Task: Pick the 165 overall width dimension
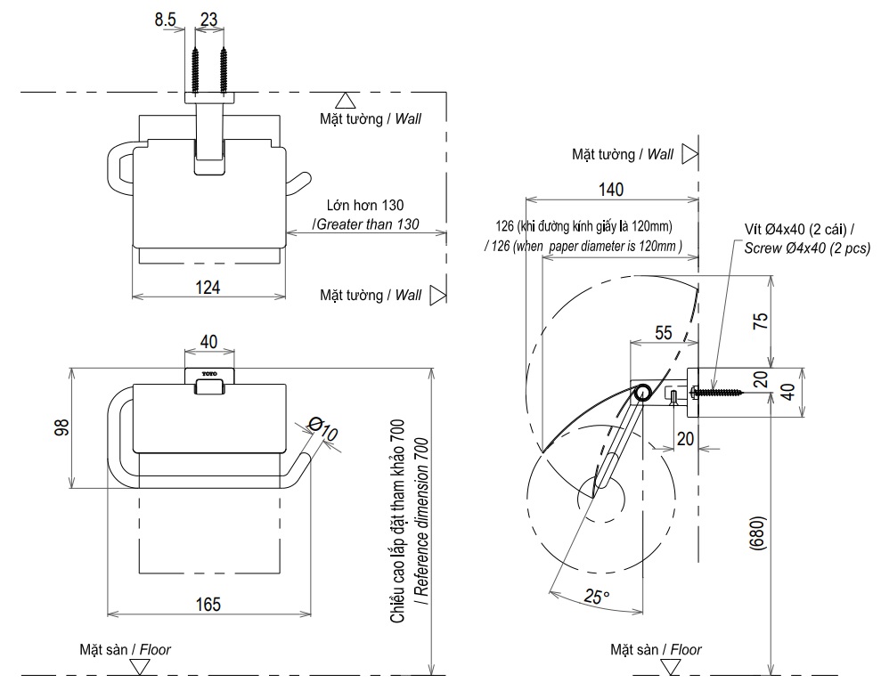pyautogui.click(x=208, y=605)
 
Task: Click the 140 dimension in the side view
pyautogui.click(x=610, y=189)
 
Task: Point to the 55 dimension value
pyautogui.click(x=663, y=332)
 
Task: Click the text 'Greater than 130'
pyautogui.click(x=367, y=224)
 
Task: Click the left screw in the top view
pyautogui.click(x=194, y=65)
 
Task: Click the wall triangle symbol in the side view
pyautogui.click(x=688, y=154)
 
